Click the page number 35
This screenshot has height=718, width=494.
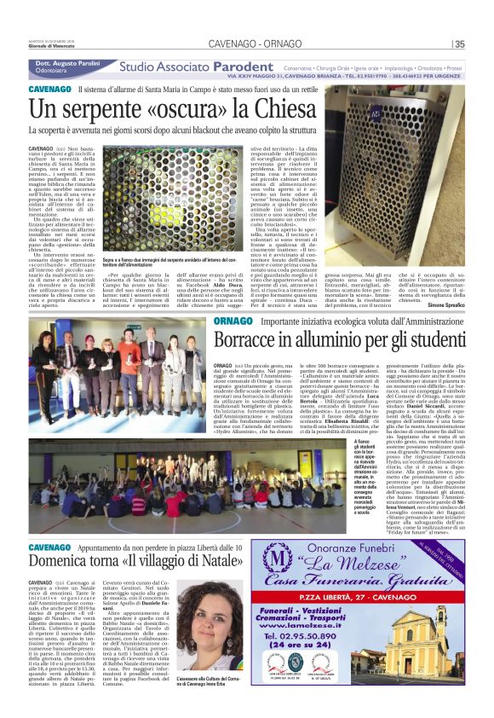pos(460,45)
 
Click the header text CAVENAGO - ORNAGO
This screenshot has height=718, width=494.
pos(247,44)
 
